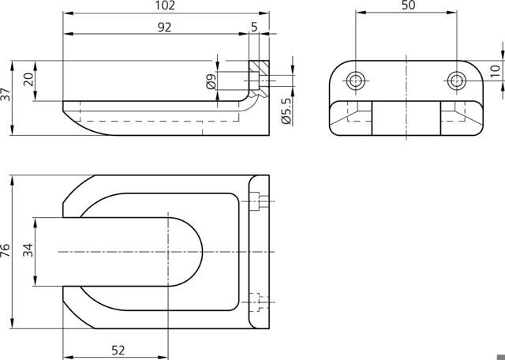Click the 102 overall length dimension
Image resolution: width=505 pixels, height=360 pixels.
[165, 6]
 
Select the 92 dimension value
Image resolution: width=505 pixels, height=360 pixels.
[165, 28]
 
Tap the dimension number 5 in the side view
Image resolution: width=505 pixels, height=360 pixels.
[254, 28]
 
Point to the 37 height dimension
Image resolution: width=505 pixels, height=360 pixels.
[6, 94]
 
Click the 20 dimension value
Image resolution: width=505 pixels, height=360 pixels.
[28, 79]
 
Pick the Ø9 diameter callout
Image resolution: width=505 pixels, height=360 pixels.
[211, 81]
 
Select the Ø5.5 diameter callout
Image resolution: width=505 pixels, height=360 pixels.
[286, 111]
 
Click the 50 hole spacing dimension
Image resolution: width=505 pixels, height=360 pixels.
[409, 6]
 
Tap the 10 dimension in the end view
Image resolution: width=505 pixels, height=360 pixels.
[496, 71]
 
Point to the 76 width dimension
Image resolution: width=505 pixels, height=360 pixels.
[6, 250]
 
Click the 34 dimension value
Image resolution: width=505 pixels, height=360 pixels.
[28, 250]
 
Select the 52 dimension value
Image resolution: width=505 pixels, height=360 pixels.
[118, 350]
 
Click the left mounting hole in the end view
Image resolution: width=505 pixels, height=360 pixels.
[356, 81]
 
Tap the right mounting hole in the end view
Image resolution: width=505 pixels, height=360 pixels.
[457, 81]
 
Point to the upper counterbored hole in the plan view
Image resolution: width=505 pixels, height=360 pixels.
[259, 201]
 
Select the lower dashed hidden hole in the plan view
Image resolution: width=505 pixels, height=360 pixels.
[259, 302]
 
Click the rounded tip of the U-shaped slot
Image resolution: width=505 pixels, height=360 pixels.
[202, 252]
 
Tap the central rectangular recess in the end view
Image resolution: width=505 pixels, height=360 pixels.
[406, 118]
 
